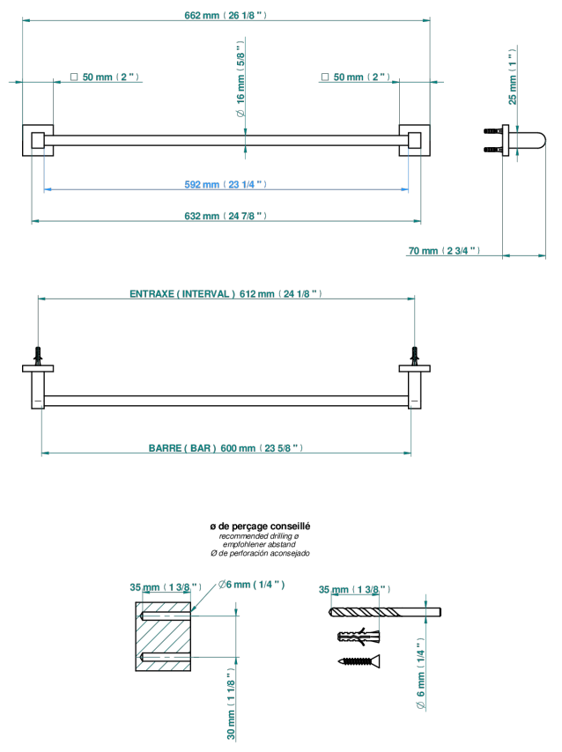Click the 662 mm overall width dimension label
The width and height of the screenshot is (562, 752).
pos(226,15)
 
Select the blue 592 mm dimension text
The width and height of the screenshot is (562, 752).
pos(226,185)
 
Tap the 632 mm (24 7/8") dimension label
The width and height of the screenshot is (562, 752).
pos(226,216)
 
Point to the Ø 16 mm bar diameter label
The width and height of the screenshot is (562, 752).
pos(240,78)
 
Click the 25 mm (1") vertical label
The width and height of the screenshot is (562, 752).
pos(513,77)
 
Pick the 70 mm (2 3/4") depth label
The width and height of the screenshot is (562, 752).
pos(444,251)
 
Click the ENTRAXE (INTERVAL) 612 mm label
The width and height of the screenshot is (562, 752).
pos(226,294)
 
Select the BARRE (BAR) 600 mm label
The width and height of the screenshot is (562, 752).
pos(226,448)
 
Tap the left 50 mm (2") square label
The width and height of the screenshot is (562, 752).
pos(105,77)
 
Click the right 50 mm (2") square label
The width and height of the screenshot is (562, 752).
pos(356,77)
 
